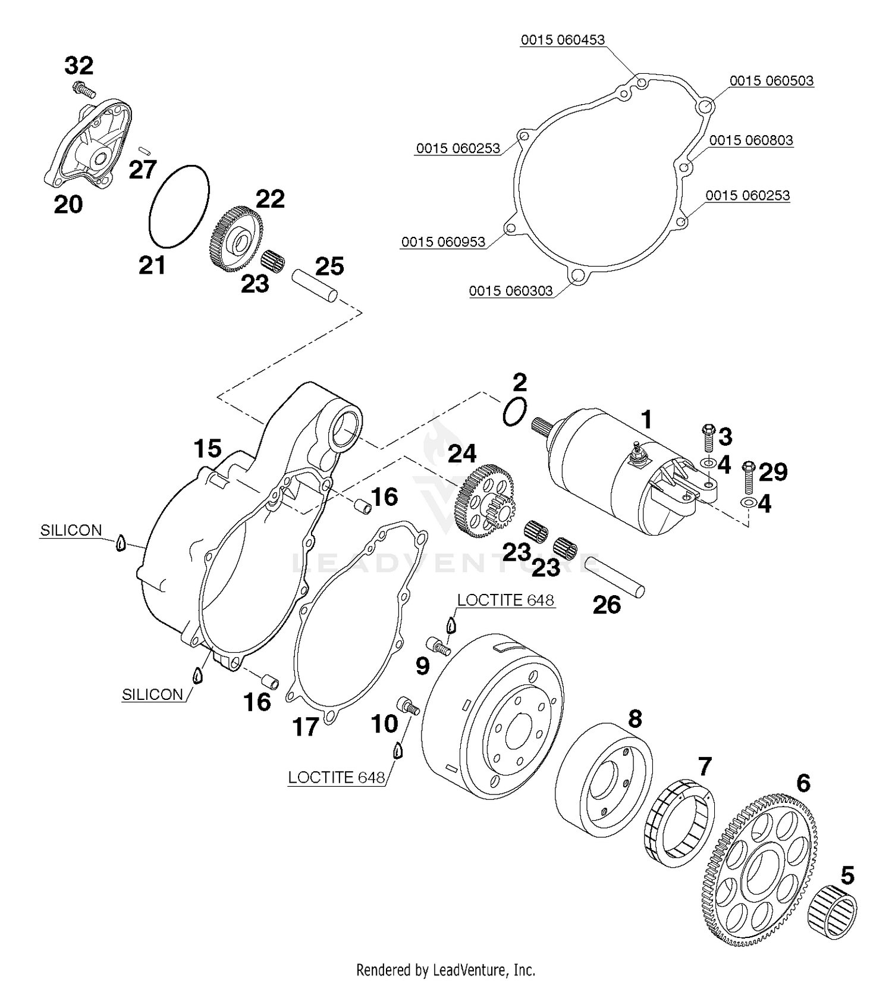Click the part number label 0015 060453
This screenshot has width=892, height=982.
[563, 40]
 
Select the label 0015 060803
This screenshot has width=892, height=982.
[751, 140]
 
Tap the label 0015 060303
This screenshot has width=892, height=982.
[511, 291]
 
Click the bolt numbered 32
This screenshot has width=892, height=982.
[84, 90]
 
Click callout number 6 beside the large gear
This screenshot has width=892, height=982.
[803, 783]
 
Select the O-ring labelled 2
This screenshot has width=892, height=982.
[514, 411]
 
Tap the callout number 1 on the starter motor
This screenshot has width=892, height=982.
[646, 420]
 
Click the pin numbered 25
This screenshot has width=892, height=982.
[315, 286]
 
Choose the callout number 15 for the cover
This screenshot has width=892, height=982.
[208, 449]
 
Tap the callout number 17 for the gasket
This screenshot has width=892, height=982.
[306, 727]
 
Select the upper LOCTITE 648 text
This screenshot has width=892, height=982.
[505, 600]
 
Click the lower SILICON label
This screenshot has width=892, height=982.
[152, 695]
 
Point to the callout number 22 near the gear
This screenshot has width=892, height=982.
[270, 199]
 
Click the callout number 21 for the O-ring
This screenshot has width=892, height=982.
[152, 265]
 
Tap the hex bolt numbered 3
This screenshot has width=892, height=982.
[708, 439]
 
